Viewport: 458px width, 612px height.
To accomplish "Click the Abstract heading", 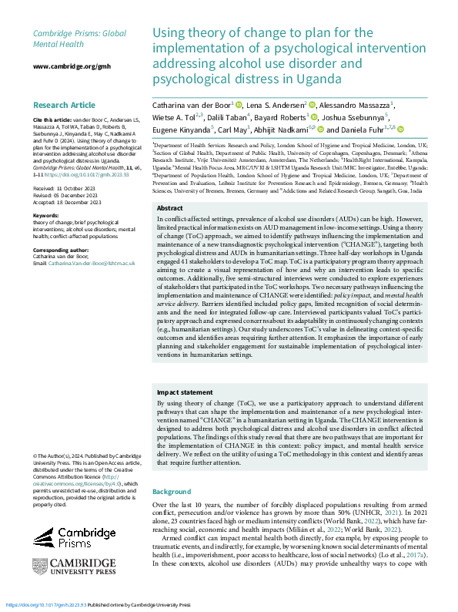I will [x=169, y=187].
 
